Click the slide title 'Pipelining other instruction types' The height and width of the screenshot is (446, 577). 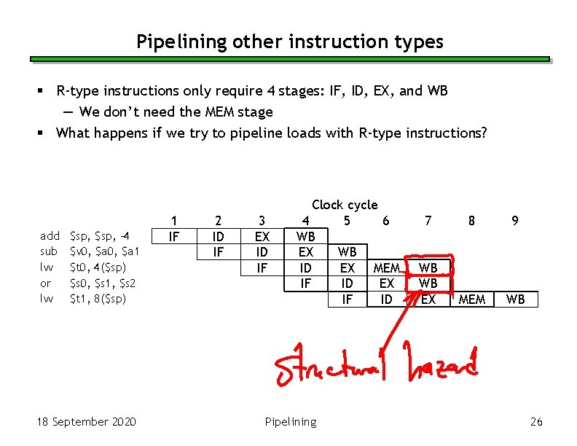point(289,42)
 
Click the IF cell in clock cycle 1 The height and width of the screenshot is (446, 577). point(173,236)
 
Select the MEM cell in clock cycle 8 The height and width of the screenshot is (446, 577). point(472,300)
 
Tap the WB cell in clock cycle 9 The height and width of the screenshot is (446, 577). point(515,300)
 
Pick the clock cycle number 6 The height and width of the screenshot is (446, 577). point(385,220)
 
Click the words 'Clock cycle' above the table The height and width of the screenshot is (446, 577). point(345,205)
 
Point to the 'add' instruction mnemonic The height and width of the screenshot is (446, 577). point(50,236)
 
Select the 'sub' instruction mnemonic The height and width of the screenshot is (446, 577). point(49,251)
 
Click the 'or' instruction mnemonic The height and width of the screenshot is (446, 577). point(45,283)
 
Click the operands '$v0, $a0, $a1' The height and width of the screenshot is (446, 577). point(103,251)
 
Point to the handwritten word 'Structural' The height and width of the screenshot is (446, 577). point(331,367)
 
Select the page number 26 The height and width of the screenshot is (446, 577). point(536,422)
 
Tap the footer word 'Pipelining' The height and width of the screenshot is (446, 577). point(291,422)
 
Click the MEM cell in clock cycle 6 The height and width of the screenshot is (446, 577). point(386,268)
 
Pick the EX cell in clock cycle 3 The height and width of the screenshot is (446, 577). point(262,236)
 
